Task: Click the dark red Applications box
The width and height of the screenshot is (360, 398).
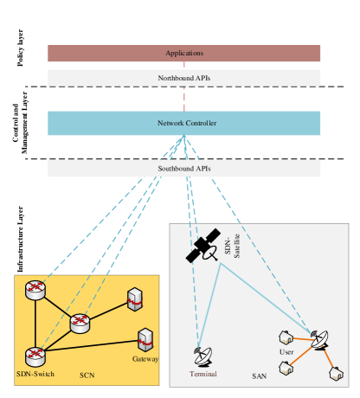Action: tap(183, 54)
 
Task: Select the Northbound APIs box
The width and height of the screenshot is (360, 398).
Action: tap(183, 78)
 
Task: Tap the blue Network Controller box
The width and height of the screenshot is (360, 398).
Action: tap(183, 123)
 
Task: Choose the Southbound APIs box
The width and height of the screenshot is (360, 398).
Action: tap(183, 169)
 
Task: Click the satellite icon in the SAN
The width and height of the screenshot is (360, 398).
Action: tap(205, 247)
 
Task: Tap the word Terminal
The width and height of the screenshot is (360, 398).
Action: tap(203, 374)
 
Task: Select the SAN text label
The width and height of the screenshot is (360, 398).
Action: tap(259, 376)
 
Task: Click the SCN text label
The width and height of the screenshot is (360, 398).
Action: tap(87, 376)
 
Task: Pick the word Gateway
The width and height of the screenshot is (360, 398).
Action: tap(145, 358)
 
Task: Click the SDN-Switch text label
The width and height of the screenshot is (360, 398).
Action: tap(35, 374)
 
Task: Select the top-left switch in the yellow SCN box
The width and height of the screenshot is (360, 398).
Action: tap(35, 291)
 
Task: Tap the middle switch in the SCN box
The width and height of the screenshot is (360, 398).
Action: tap(80, 324)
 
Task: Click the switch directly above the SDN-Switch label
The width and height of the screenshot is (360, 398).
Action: tap(35, 355)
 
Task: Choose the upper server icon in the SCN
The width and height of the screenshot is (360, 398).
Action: tap(134, 299)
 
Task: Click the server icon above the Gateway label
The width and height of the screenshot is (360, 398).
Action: tap(145, 338)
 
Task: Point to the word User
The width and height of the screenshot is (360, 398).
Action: tap(286, 352)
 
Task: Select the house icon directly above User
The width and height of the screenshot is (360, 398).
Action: tap(283, 337)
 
